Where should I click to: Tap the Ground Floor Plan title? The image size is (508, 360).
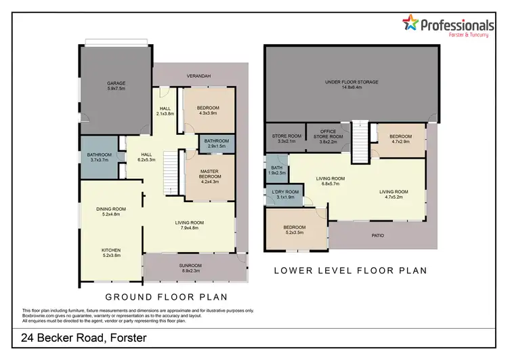(166, 297)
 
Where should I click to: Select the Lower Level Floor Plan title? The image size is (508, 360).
(350, 271)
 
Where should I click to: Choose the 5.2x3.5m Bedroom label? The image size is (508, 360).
(294, 229)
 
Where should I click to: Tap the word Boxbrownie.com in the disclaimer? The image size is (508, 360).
(39, 315)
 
